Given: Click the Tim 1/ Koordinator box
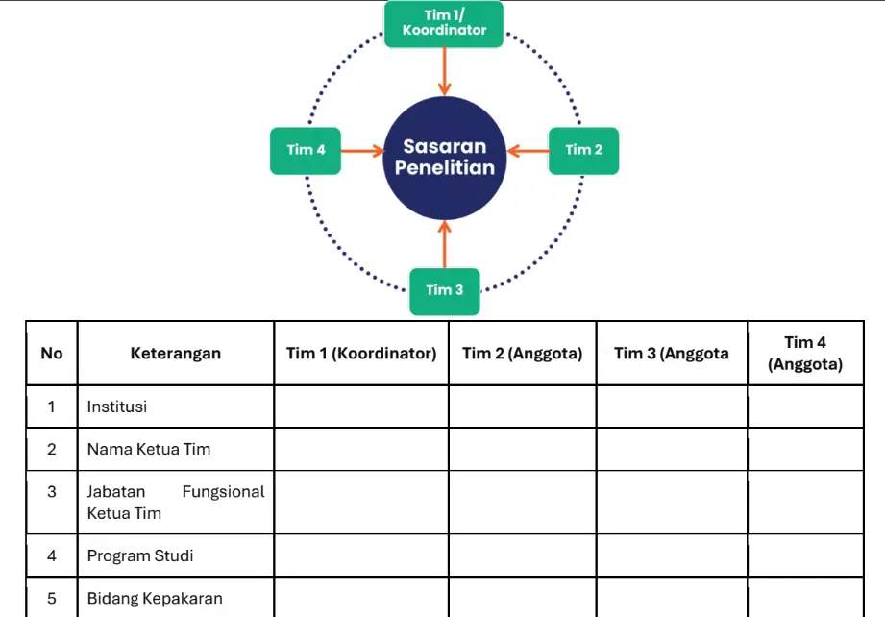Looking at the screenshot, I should (x=444, y=23).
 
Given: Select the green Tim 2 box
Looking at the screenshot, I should (x=583, y=150).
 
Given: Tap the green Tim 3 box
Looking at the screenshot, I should (x=444, y=290).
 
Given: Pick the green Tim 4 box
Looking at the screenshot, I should (x=306, y=150).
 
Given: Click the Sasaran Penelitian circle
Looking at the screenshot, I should (x=444, y=158).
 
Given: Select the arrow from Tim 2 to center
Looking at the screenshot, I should (x=527, y=150).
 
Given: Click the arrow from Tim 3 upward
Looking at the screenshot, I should (x=444, y=244).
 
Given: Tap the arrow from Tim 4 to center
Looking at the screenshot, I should (x=362, y=150).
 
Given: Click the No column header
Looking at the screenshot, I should (x=52, y=354).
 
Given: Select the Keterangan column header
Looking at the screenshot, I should (x=176, y=354).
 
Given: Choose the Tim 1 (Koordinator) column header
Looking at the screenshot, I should (x=361, y=354).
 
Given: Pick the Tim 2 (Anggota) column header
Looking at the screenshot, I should (x=522, y=354).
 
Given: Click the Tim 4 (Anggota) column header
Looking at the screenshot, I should (x=805, y=354).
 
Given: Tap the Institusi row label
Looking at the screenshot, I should (x=117, y=407).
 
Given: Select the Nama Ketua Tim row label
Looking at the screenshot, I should (x=149, y=449).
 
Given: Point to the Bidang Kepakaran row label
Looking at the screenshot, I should (x=155, y=598).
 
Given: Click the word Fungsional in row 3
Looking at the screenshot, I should (x=223, y=492).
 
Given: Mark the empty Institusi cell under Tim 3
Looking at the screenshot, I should (x=672, y=407).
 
